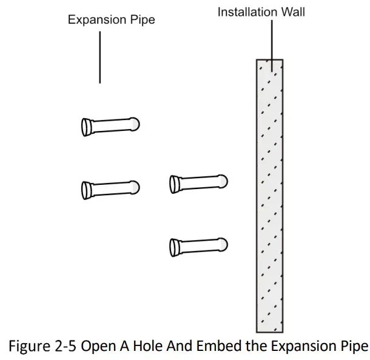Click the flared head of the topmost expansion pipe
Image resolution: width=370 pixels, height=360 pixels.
click(86, 126)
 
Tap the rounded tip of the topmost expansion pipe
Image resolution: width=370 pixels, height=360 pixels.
click(135, 124)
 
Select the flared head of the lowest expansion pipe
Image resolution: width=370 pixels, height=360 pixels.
click(175, 246)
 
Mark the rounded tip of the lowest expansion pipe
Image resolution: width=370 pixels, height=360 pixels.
click(223, 244)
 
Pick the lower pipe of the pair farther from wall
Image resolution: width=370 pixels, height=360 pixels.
click(110, 188)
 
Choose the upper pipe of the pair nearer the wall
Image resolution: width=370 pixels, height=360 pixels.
click(198, 182)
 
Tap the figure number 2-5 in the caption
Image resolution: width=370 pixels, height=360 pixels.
click(69, 346)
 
